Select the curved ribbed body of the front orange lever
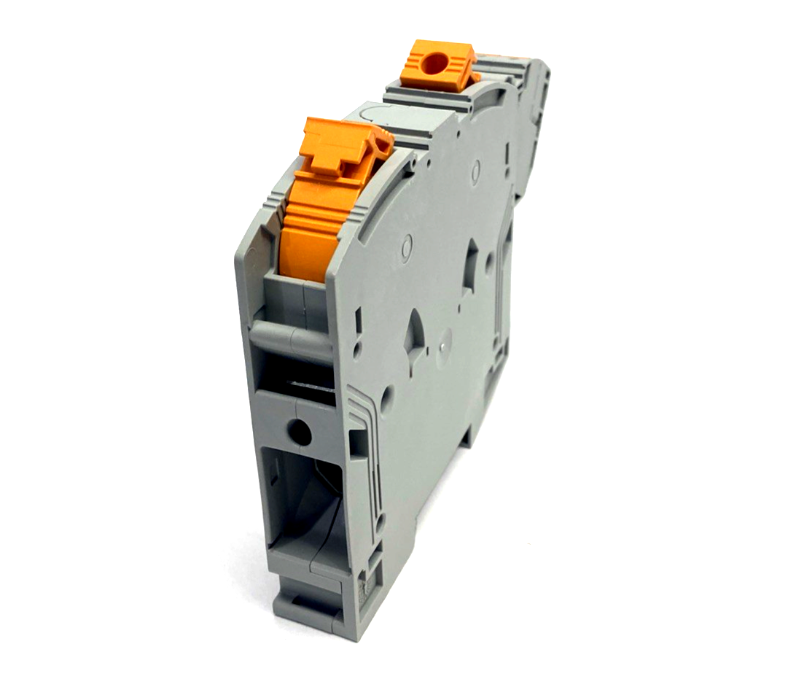(x=309, y=226)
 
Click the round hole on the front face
(x=299, y=432)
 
